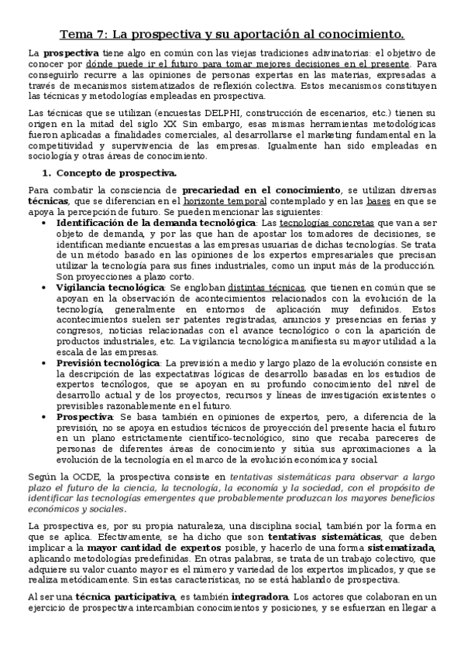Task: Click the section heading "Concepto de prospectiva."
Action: coord(115,173)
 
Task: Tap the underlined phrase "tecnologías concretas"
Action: coord(327,223)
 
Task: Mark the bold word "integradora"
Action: coord(253,596)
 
